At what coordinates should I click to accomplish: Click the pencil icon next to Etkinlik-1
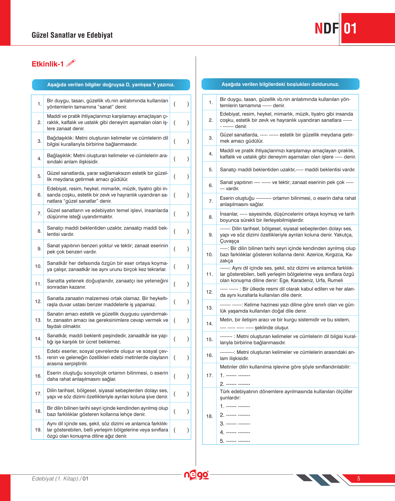click(71, 63)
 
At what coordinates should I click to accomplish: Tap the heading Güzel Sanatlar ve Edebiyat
click(72, 35)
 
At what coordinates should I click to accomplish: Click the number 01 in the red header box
click(350, 29)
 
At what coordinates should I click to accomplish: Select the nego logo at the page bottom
click(196, 475)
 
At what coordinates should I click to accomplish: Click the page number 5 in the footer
click(359, 479)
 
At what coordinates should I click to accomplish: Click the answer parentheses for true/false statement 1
click(181, 104)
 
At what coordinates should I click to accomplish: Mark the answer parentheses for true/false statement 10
click(181, 266)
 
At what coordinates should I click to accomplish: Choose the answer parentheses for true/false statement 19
click(181, 430)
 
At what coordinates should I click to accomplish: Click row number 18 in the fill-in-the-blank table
click(209, 416)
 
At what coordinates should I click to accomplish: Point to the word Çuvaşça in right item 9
click(230, 241)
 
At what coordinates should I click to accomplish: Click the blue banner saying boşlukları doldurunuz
click(280, 84)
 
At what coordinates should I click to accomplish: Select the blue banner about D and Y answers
click(111, 85)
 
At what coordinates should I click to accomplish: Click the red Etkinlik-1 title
click(48, 64)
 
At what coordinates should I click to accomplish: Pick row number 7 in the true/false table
click(39, 214)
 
